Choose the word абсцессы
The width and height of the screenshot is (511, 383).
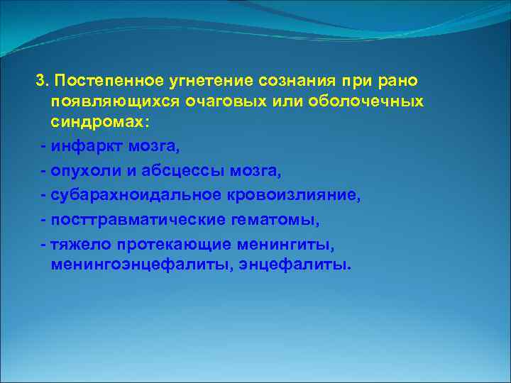[165, 172]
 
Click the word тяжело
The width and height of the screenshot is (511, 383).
[77, 244]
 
